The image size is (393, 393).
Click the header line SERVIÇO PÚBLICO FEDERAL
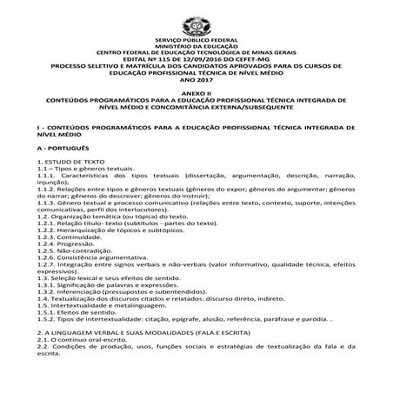[196, 41]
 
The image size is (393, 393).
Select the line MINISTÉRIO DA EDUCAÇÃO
[196, 47]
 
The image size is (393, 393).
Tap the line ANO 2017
[196, 77]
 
